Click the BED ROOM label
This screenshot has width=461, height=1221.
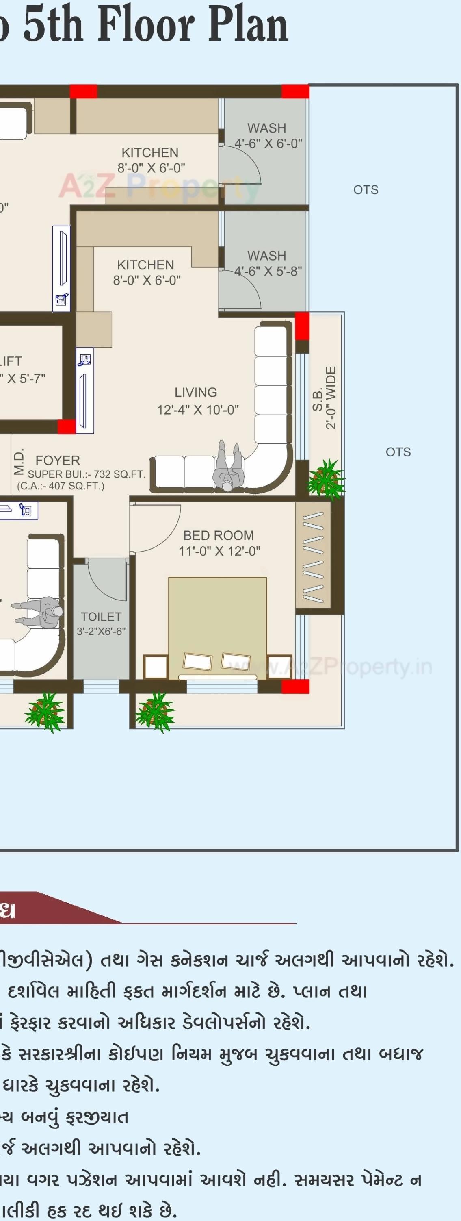click(x=219, y=536)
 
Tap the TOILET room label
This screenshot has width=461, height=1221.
click(x=101, y=617)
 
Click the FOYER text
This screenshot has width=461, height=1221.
click(x=58, y=460)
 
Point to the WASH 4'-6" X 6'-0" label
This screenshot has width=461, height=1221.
click(x=268, y=136)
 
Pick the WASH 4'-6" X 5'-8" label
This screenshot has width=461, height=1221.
click(x=268, y=263)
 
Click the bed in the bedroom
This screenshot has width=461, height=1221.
click(x=217, y=626)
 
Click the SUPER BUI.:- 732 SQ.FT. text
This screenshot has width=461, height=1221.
click(x=87, y=474)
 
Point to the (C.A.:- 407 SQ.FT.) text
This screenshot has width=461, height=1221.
click(x=61, y=486)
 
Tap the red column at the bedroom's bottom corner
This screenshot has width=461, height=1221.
click(x=295, y=687)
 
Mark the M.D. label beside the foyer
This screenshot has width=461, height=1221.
click(x=18, y=463)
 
